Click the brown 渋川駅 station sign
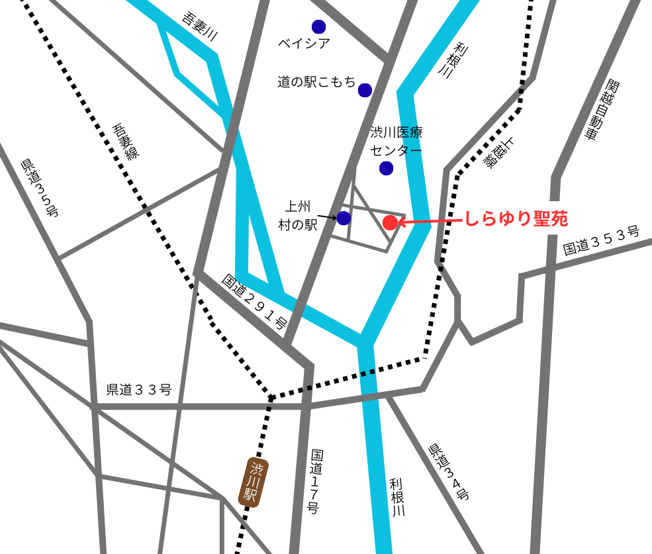coord(253,483)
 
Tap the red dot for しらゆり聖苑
coord(391,222)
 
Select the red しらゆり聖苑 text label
coord(516,219)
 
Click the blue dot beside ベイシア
coord(319,27)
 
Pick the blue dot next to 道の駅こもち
coord(365,90)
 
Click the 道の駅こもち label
coord(316,82)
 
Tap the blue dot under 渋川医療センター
coord(387,168)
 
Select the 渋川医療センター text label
coord(396,141)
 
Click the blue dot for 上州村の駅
coord(344,218)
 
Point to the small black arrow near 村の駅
coord(327,216)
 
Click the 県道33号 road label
coord(139,390)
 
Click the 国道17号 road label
coord(316,481)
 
